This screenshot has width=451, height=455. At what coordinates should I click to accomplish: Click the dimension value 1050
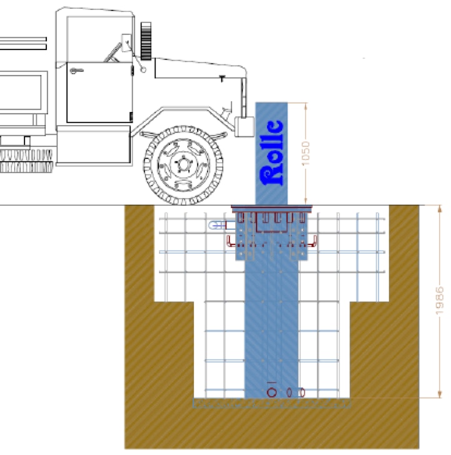306,153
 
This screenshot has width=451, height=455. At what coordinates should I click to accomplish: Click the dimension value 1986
440,301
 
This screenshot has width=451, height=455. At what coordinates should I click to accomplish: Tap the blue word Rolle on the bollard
271,152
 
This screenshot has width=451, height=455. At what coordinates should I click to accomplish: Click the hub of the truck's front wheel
183,164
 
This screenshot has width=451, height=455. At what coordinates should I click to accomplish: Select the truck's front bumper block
244,126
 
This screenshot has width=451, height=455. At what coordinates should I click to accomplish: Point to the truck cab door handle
77,71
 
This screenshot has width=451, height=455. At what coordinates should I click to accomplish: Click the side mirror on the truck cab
126,43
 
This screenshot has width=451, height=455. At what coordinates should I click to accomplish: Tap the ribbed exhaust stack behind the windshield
146,41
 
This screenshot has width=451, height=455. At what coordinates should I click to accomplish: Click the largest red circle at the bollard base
271,392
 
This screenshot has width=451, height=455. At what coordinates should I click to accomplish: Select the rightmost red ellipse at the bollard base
302,392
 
